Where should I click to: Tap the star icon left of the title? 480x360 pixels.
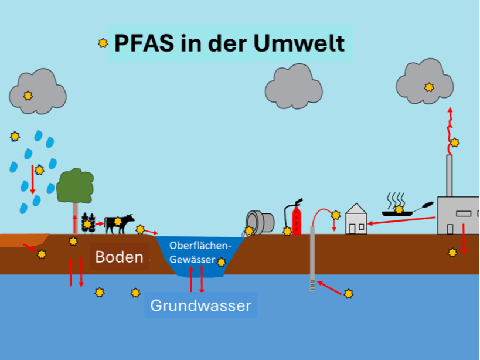[x=103, y=43]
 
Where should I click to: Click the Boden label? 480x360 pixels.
[x=119, y=257]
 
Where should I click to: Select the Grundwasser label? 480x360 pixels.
[x=200, y=305]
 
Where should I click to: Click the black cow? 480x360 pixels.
[x=120, y=223]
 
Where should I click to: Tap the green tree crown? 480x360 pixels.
[x=75, y=186]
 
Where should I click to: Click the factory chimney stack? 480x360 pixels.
[x=450, y=176]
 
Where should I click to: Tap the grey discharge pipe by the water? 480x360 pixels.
[x=261, y=222]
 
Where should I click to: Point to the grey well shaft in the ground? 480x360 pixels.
[x=312, y=258]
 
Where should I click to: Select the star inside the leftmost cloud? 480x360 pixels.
[x=28, y=96]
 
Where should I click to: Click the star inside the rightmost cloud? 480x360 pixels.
[x=429, y=87]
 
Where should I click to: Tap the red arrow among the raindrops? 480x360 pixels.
[x=33, y=179]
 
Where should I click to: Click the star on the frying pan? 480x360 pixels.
[x=399, y=209]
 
